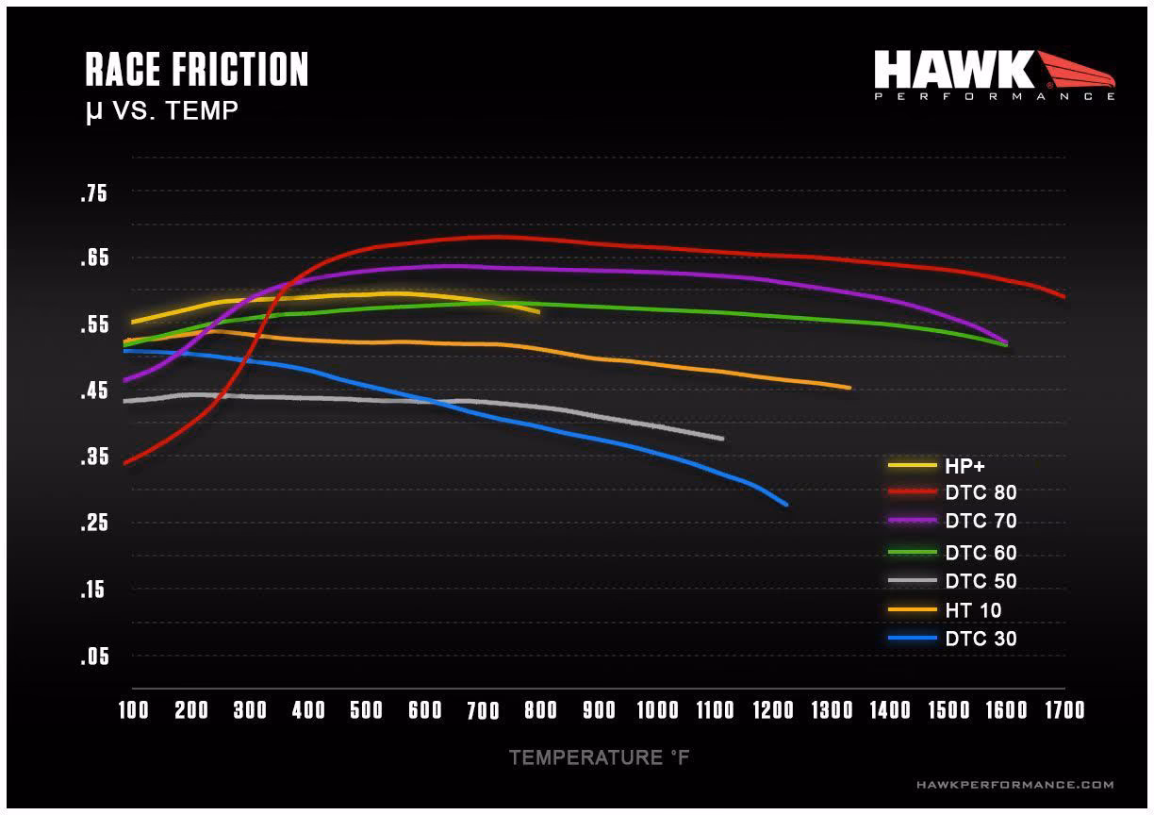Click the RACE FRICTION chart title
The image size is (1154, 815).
click(x=196, y=71)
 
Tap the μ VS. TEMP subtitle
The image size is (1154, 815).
click(x=161, y=111)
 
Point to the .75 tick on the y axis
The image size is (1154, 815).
click(x=94, y=194)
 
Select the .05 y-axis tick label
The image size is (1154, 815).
click(x=94, y=657)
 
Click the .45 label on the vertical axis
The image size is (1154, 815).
click(x=94, y=391)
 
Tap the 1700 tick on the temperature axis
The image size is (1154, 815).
click(x=1063, y=710)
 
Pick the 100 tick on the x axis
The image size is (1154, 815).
click(x=133, y=710)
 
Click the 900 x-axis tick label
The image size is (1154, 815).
click(x=599, y=710)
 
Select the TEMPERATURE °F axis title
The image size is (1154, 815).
click(x=600, y=757)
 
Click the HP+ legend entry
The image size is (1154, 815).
click(x=964, y=465)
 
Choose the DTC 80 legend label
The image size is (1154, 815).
click(x=981, y=491)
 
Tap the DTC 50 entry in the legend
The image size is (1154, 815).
click(x=981, y=582)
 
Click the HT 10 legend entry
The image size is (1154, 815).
click(x=973, y=611)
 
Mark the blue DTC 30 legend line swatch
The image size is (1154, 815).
click(x=912, y=640)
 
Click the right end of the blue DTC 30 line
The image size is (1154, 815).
click(x=785, y=505)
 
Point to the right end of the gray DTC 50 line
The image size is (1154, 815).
click(x=722, y=439)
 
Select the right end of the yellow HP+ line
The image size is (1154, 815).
click(x=538, y=311)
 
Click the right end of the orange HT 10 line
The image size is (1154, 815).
click(x=849, y=388)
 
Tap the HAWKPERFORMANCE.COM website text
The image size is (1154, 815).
click(x=1014, y=785)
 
